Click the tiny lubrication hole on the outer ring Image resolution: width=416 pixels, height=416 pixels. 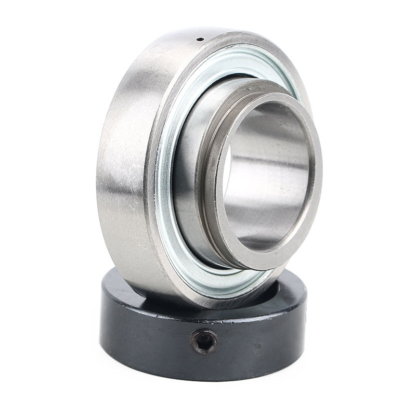point(199,39)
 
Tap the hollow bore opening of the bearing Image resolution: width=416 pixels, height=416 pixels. point(265,177)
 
